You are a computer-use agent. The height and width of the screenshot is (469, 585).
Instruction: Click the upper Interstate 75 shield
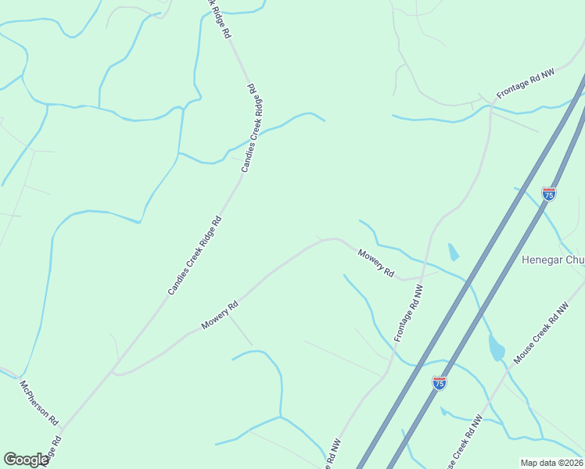[x=549, y=193]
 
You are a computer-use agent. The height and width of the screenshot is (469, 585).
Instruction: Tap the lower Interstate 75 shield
[x=440, y=382]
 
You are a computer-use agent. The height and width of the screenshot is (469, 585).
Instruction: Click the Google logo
[x=27, y=460]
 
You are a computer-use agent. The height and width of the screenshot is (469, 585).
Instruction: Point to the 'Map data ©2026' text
[x=551, y=463]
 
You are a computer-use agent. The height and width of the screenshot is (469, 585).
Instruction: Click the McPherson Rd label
[x=38, y=403]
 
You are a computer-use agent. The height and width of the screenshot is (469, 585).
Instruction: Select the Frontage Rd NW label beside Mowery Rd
[x=409, y=312]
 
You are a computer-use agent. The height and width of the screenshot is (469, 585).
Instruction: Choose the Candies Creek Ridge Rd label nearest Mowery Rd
[x=195, y=256]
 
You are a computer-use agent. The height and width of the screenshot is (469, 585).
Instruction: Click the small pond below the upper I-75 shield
[x=453, y=252]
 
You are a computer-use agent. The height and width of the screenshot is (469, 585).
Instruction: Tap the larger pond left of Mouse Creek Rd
[x=497, y=347]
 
